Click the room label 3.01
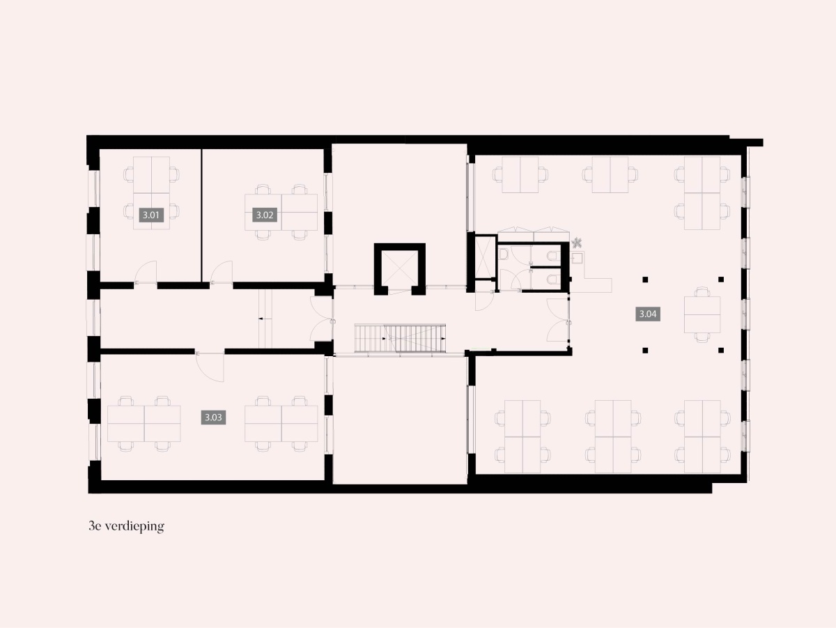150,215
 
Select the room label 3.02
265,215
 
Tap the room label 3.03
213,418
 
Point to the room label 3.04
648,314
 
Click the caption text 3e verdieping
127,527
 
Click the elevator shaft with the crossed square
399,268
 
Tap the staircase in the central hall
400,338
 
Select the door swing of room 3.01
146,272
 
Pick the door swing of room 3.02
222,272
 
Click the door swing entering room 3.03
210,367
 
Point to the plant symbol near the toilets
577,243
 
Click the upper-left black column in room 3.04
645,279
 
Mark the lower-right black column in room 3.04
721,350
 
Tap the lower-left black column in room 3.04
645,350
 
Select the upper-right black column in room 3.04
721,279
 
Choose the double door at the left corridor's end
323,319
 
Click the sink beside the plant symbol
577,258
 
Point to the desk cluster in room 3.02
281,213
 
